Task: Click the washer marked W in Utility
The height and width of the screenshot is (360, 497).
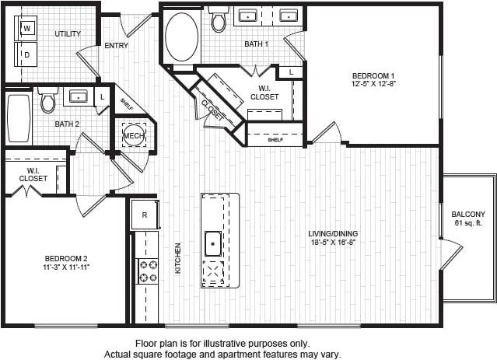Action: point(26,29)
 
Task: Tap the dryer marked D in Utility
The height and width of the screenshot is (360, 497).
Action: point(26,54)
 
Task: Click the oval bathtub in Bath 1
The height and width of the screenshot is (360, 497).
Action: point(182,37)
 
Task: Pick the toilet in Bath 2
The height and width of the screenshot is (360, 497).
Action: point(48,100)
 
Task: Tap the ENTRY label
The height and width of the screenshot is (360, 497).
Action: point(117,46)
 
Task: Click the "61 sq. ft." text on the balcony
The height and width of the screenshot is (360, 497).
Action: point(468,225)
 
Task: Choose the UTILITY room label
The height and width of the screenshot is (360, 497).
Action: point(68,34)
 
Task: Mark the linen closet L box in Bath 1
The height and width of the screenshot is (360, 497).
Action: point(291,72)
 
